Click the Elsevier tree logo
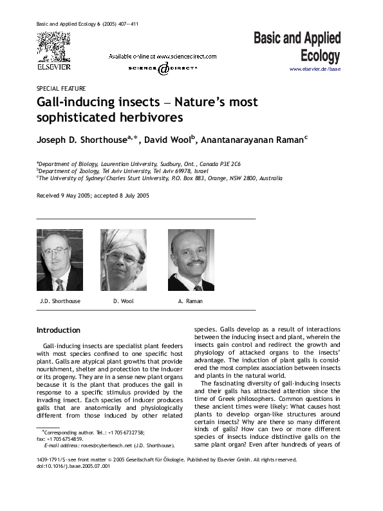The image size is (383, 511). tap(53, 46)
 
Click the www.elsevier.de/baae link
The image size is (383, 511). tap(315, 69)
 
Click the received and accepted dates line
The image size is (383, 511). tap(93, 195)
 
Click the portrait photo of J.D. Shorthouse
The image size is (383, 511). tap(59, 260)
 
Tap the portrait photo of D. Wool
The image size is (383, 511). tap(123, 260)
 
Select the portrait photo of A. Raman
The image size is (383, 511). tap(191, 260)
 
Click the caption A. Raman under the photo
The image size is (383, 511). tap(190, 301)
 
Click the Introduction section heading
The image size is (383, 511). tap(59, 330)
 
